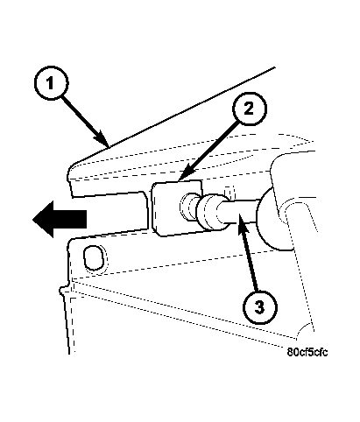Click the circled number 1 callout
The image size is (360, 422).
[52, 83]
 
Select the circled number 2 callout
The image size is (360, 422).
[250, 109]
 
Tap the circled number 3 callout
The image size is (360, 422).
[259, 307]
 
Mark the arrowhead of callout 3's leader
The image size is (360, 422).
[244, 229]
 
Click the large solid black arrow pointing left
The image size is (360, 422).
[60, 219]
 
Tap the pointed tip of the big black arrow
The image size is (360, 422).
[32, 220]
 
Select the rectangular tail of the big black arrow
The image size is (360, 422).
[70, 219]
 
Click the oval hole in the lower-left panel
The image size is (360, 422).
[94, 257]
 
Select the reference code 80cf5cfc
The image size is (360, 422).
[307, 352]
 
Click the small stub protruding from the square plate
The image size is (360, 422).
[188, 207]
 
